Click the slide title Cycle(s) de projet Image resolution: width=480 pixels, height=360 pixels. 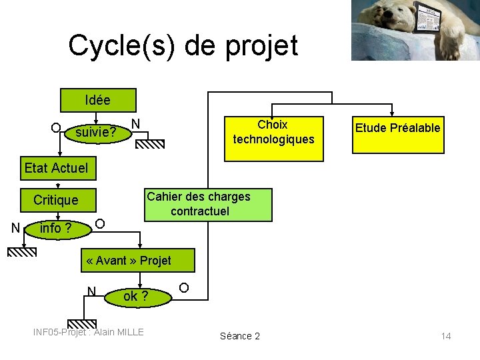coord(183,45)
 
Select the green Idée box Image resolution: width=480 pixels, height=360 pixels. coord(98,100)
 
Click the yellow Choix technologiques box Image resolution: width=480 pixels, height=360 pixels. coord(273,132)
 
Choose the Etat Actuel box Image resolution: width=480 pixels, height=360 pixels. coord(56,167)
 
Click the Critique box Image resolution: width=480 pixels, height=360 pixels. coord(56,199)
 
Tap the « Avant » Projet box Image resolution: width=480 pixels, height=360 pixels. coord(129,260)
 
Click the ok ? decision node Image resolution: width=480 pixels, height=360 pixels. coord(136,296)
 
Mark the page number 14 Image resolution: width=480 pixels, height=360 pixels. coord(445,336)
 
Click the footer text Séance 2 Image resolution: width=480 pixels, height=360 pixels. coord(240,336)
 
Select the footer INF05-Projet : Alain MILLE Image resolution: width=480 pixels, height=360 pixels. coord(89,332)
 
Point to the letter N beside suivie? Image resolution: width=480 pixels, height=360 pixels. coord(135,123)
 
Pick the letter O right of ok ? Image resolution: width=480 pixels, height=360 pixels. coord(184,288)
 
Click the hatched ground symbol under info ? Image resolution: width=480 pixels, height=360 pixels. coord(22,251)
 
